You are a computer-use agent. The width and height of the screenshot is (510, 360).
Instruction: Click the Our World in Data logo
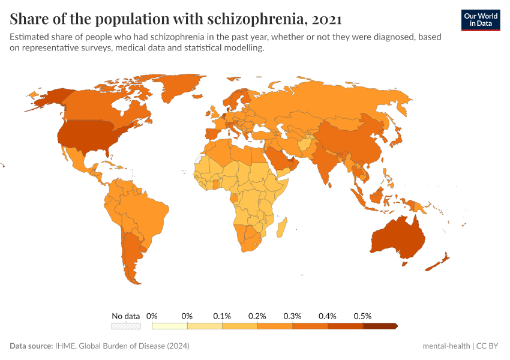[480, 20]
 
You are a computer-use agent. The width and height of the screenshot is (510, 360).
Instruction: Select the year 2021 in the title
[327, 19]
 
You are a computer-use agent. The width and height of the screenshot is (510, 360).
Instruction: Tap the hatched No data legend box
[126, 326]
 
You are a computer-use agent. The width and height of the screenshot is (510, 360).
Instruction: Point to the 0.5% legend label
[362, 316]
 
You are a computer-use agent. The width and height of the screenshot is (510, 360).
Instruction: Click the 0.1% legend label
[222, 316]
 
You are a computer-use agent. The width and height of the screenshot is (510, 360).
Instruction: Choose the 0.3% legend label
[292, 316]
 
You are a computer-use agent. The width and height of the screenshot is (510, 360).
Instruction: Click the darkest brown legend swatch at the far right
[380, 326]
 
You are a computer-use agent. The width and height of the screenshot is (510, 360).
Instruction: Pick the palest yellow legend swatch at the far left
[170, 326]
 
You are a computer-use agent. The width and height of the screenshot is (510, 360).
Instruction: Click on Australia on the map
[398, 239]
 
